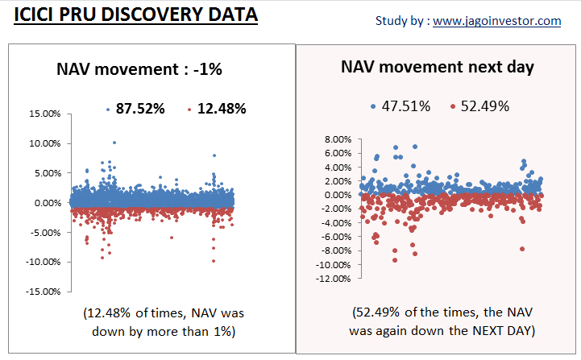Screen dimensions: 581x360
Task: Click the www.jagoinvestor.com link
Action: [x=497, y=21]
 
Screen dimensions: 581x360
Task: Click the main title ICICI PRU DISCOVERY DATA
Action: [x=135, y=14]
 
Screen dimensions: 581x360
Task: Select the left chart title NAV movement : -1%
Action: [x=139, y=69]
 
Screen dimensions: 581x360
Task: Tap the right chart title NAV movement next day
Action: [x=438, y=67]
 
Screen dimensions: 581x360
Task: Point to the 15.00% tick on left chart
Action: [x=45, y=114]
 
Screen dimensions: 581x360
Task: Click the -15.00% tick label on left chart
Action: [x=44, y=292]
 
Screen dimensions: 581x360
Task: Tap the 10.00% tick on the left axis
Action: [x=45, y=143]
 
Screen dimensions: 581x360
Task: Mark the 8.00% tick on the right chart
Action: [x=338, y=139]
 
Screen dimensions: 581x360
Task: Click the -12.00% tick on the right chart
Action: [x=334, y=279]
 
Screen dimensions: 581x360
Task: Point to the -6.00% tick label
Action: [x=336, y=237]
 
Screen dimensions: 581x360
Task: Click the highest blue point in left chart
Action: [x=114, y=143]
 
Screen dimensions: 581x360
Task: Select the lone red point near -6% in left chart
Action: [x=171, y=238]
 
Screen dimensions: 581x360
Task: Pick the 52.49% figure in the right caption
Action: [x=378, y=312]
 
